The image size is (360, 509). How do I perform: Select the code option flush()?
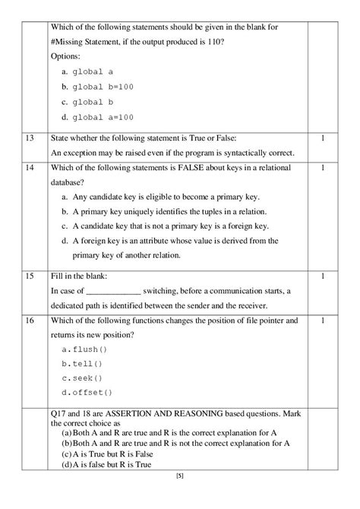pos(84,349)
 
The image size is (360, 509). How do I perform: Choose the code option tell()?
pos(81,364)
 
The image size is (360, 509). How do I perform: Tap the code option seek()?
pos(81,378)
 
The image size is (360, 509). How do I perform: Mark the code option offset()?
pos(87,393)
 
